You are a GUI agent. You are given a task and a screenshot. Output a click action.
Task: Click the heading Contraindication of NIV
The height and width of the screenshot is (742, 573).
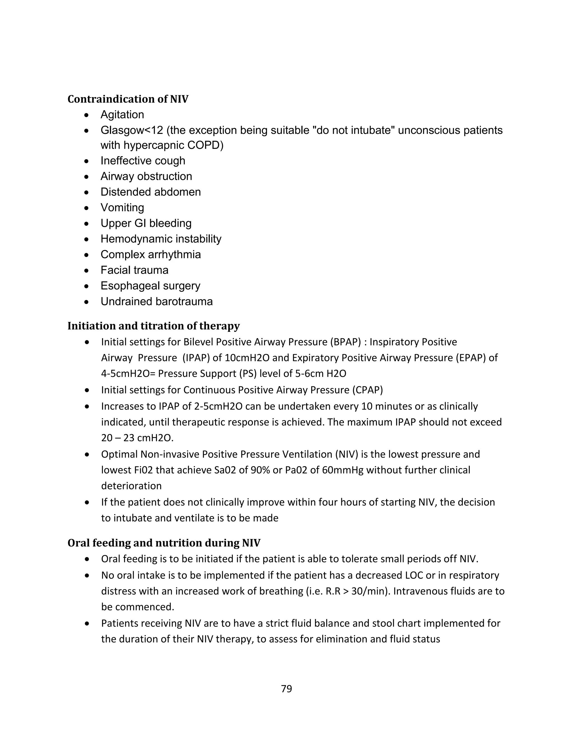coord(128,99)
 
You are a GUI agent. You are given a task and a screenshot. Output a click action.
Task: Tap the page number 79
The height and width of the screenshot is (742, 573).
coord(286,689)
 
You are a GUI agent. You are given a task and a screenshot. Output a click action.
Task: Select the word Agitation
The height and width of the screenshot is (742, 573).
coord(122,115)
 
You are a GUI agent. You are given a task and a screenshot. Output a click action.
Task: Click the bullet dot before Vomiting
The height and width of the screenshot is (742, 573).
coord(87,207)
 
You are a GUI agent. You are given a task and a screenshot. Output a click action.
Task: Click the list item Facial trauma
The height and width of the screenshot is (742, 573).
coord(134,270)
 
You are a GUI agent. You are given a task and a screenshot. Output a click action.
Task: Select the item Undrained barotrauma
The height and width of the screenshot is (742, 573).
coord(156,301)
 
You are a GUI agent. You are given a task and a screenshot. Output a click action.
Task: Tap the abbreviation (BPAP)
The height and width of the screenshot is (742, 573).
coord(345,342)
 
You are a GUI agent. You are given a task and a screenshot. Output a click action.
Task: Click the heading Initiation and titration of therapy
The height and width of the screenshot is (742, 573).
coord(153,326)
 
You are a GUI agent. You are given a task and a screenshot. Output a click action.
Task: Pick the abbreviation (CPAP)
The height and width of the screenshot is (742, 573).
coord(367,390)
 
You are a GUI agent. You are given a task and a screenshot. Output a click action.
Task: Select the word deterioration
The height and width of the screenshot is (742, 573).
coord(131,486)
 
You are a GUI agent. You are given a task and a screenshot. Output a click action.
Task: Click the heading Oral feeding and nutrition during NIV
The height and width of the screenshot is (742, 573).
coord(164,543)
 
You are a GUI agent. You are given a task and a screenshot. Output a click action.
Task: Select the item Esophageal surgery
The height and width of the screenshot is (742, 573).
coord(150,286)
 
